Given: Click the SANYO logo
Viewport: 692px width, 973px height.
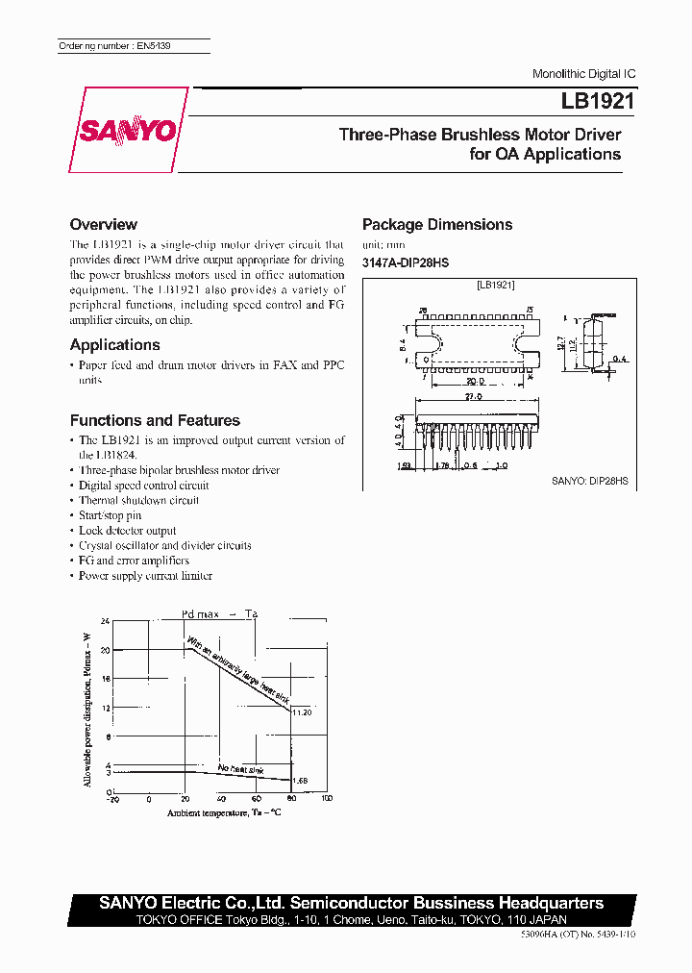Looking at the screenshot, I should [126, 130].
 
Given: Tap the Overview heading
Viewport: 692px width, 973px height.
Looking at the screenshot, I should [104, 224].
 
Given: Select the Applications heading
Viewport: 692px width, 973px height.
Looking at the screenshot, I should [115, 344].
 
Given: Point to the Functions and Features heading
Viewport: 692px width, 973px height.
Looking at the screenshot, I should [155, 420].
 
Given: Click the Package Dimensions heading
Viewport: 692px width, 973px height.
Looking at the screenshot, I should [437, 224].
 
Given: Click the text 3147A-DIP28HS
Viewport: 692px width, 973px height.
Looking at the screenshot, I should [405, 262].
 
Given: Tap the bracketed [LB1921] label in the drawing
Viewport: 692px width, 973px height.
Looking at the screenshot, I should [496, 286].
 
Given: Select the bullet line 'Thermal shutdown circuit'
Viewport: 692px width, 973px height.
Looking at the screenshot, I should [138, 500].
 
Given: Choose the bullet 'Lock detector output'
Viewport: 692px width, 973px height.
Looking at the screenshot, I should [127, 531].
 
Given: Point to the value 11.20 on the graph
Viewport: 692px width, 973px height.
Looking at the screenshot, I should [302, 712].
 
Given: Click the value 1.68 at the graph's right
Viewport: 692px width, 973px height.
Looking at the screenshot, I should [300, 782].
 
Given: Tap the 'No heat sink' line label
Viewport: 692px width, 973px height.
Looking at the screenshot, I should [240, 769].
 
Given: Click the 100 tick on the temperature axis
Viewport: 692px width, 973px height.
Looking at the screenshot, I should [326, 799].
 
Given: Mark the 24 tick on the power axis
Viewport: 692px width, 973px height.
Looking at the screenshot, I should [106, 621].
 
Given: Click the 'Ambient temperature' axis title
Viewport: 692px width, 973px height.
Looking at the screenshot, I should [223, 813].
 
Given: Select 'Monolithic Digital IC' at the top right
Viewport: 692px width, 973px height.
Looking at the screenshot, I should [583, 74].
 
